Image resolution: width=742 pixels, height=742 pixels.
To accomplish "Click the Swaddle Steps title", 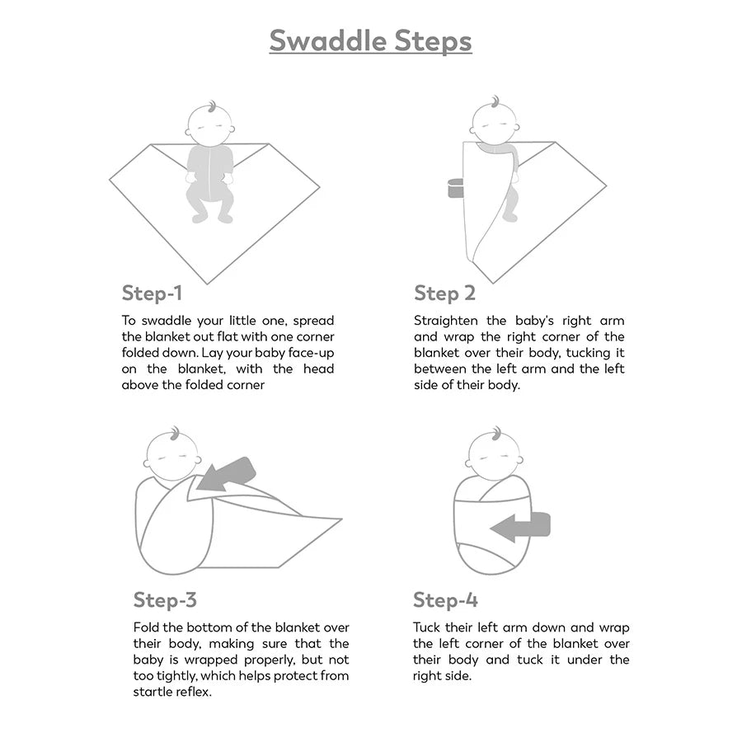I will (370, 40).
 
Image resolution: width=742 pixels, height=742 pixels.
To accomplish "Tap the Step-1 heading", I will (152, 293).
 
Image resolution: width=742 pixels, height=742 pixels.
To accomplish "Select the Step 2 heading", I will (444, 293).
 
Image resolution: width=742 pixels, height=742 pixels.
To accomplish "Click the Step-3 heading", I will (165, 599).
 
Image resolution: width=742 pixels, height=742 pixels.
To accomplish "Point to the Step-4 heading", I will (445, 599).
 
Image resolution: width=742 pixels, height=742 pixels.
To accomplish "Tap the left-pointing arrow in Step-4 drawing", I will (519, 526).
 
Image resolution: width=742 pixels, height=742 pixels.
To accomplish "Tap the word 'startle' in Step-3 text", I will (154, 692).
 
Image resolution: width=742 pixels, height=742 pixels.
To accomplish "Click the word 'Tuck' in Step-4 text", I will (428, 627).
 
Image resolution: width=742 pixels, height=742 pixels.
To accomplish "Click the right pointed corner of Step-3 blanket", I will (340, 519).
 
